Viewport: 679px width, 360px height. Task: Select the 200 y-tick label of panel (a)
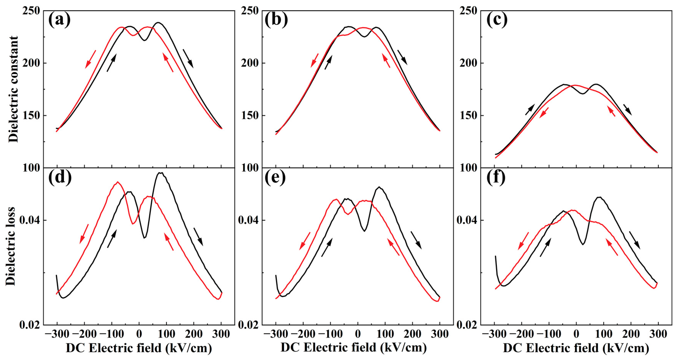31,63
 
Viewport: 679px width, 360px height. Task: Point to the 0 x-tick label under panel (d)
139,334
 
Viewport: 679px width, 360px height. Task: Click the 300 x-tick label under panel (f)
658,334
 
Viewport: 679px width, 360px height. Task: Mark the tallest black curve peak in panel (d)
160,173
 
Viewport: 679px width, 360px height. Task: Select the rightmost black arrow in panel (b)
402,57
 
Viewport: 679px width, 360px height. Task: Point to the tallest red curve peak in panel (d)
118,182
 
